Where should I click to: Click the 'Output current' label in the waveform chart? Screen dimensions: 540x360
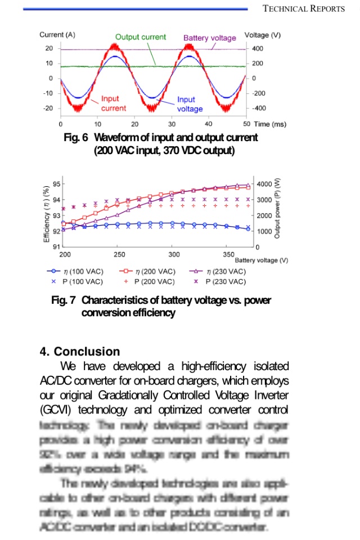(141, 37)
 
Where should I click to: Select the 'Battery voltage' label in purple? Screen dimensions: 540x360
(210, 38)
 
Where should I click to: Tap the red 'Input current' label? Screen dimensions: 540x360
(113, 103)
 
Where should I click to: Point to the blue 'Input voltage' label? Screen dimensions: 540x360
(190, 104)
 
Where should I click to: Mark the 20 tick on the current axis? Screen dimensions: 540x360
(49, 48)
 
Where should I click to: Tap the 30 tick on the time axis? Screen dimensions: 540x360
(172, 124)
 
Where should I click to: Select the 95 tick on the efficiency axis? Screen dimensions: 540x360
(56, 184)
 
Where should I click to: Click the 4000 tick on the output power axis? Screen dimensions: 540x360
(264, 184)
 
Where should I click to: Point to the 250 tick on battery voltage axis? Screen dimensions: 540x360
(119, 254)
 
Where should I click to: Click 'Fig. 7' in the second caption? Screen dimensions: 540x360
(63, 300)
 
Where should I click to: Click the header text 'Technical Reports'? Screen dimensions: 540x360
(304, 8)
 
